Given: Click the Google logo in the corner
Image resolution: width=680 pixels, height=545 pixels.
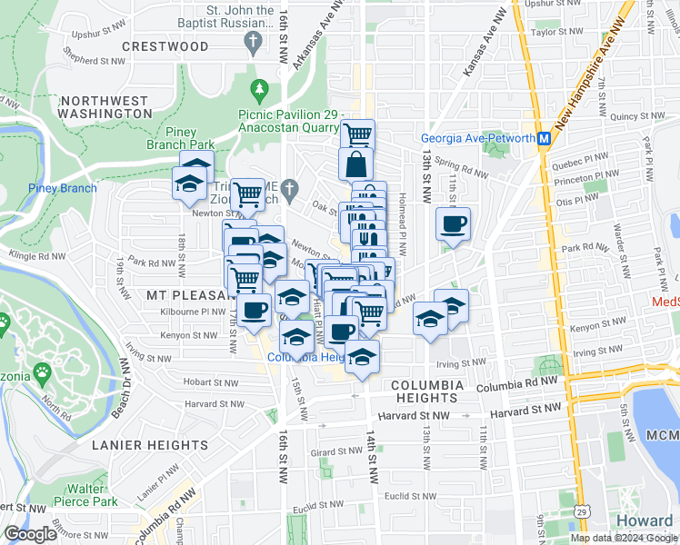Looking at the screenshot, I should (x=30, y=534).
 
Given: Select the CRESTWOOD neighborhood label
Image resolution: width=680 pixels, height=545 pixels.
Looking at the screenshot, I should (x=165, y=46).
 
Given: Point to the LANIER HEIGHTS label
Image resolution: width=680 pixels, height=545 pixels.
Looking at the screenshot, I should (x=150, y=445).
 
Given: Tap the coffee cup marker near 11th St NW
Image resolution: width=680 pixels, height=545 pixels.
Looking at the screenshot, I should (x=452, y=223).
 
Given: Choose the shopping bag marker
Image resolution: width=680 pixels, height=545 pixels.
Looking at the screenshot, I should (x=355, y=165).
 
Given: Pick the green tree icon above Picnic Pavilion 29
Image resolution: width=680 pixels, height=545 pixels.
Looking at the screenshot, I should (x=261, y=89).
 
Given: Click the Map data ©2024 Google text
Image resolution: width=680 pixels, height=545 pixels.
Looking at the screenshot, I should (x=623, y=538).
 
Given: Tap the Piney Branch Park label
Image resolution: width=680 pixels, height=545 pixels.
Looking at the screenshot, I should (x=181, y=138).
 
